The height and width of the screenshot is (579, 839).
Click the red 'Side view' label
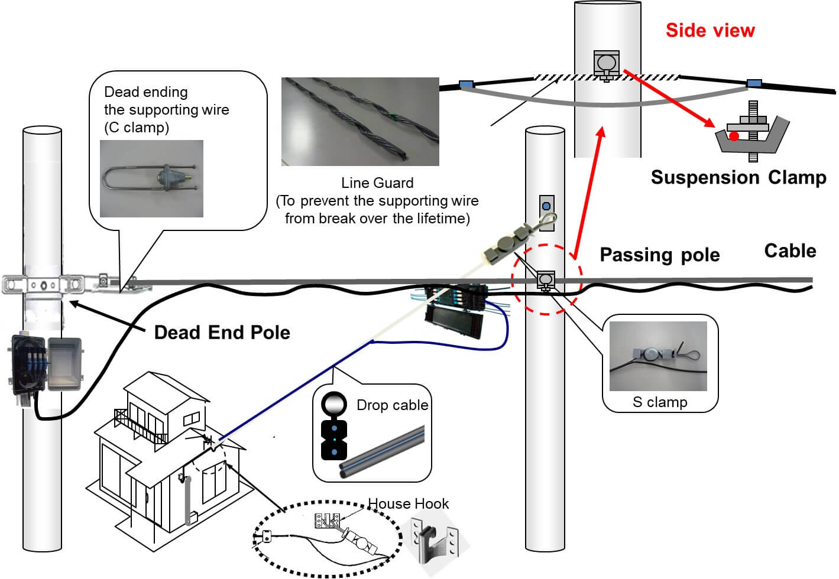pos(710,31)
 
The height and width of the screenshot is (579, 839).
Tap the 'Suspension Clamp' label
pos(738,177)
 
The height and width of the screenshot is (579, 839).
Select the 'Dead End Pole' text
pos(222,333)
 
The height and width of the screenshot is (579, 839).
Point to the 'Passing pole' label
pos(659,255)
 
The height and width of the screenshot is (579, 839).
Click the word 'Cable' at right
pos(790,251)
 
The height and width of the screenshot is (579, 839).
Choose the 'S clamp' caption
pos(660,402)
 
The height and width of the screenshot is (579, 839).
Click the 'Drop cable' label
pos(392,405)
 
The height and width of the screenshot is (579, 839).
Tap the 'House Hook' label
pos(408,504)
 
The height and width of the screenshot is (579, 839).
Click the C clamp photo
pos(151,178)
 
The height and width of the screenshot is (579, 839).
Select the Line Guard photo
pos(360,121)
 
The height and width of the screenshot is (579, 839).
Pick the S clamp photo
pos(658,356)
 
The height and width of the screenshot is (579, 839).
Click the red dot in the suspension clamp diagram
pos(734,136)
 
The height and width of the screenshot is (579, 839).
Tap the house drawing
pos(166,455)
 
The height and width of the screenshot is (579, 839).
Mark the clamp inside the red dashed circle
pos(545,279)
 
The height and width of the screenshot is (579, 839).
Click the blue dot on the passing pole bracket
pos(546,207)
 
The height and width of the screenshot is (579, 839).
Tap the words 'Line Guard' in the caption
pos(377,183)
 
